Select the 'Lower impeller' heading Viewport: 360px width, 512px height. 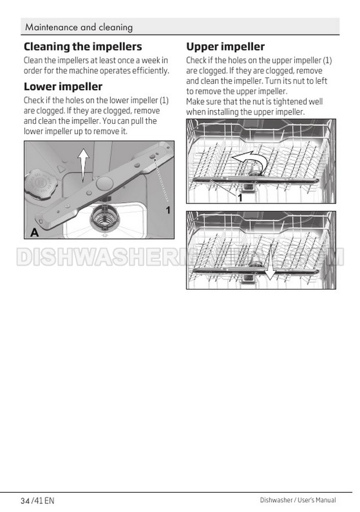click(63, 87)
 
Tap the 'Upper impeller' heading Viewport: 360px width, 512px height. click(225, 46)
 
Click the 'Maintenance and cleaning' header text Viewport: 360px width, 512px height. click(79, 27)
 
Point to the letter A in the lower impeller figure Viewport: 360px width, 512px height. click(35, 232)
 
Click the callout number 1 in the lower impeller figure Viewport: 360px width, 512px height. click(168, 210)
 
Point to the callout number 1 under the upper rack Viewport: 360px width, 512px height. click(239, 198)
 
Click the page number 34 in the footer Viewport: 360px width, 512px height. click(24, 500)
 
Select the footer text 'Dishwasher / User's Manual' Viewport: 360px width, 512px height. click(305, 500)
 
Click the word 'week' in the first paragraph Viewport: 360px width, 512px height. click(147, 60)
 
